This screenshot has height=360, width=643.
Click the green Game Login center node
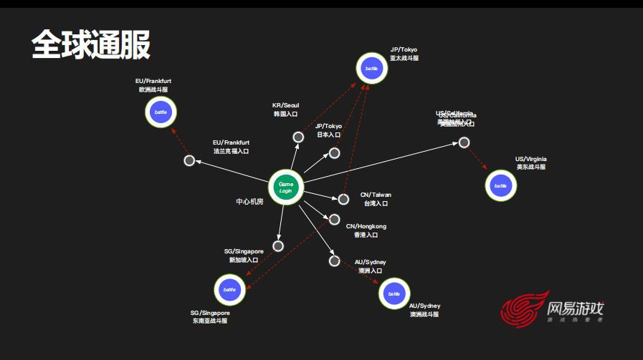tap(286, 188)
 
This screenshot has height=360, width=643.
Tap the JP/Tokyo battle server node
tap(371, 68)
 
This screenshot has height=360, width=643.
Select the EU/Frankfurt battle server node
tap(161, 112)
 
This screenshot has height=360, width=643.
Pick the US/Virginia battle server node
tap(500, 186)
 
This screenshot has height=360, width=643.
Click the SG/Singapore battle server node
tap(229, 290)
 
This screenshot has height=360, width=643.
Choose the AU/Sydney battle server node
tap(393, 293)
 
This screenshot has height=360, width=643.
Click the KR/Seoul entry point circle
tap(298, 137)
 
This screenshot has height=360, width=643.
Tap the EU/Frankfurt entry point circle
tap(189, 160)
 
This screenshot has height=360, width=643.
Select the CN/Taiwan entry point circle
tap(343, 199)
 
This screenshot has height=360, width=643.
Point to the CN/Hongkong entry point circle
tap(334, 220)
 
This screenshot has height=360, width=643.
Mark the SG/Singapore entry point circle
tap(278, 245)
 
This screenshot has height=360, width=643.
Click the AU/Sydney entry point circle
tap(334, 261)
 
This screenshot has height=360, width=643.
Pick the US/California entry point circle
tap(464, 142)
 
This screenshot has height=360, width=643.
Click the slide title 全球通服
tap(90, 45)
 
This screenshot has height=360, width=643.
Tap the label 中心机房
tap(249, 202)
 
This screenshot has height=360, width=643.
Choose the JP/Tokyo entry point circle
tap(334, 153)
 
